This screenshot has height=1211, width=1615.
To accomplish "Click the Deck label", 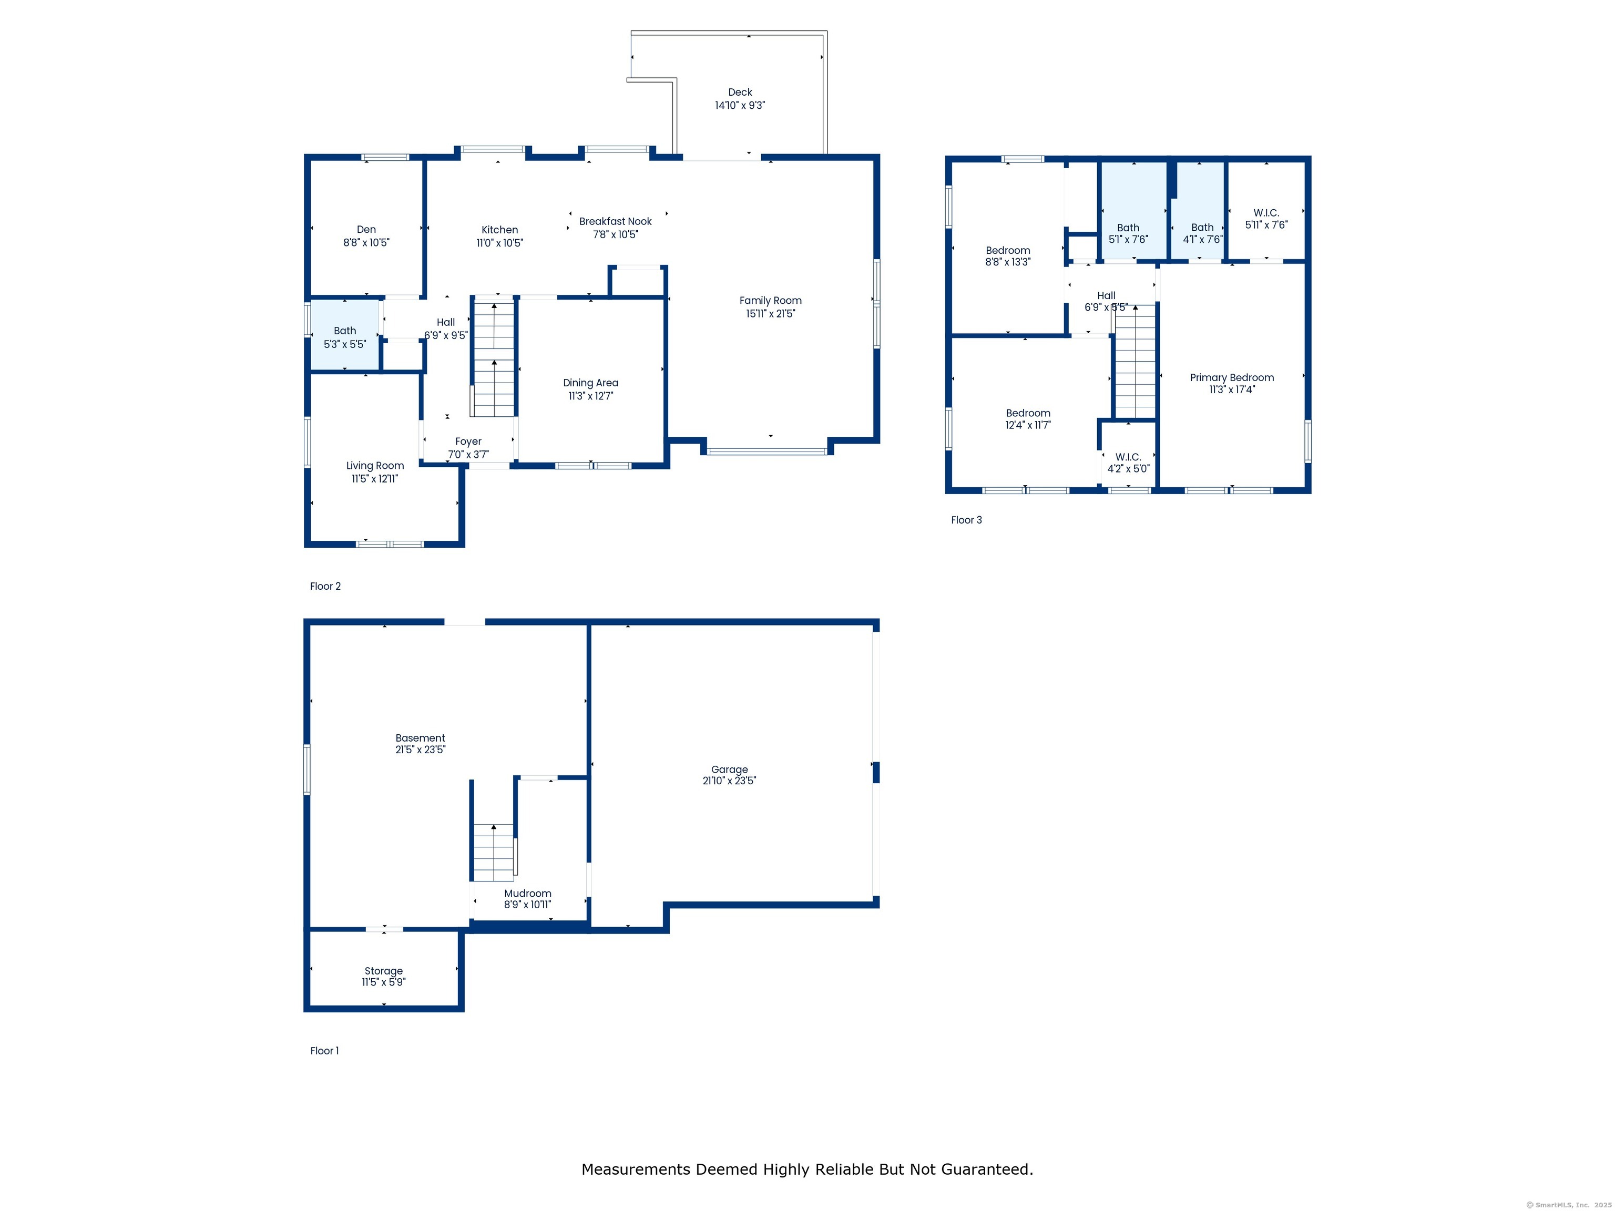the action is [x=740, y=92].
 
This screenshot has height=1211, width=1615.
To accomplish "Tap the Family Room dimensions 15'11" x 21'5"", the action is [x=770, y=314].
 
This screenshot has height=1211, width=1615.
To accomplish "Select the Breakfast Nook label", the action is [x=616, y=221].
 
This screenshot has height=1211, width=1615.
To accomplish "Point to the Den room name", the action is [x=366, y=229].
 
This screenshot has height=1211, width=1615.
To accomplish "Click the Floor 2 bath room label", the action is [x=345, y=331].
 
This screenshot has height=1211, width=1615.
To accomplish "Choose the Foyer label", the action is [x=468, y=442].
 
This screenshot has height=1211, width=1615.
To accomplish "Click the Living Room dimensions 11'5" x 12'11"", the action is [x=374, y=479].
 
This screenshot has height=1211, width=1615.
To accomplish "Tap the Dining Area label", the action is [x=591, y=383].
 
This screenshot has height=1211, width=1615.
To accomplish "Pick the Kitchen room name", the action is [x=499, y=230].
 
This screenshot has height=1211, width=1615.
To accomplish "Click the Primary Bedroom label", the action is [x=1232, y=377].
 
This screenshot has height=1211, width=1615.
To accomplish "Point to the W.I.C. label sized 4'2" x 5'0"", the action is [x=1128, y=457].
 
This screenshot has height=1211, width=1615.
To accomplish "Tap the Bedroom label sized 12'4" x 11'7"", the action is [x=1028, y=413].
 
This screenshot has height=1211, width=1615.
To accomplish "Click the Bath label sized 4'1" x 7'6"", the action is [x=1202, y=228].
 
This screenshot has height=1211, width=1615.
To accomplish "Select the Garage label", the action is [x=729, y=769].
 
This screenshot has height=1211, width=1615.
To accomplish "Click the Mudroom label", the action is [x=527, y=894].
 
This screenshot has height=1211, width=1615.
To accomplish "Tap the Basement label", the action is [x=420, y=738].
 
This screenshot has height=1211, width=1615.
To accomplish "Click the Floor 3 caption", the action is [x=966, y=520].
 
